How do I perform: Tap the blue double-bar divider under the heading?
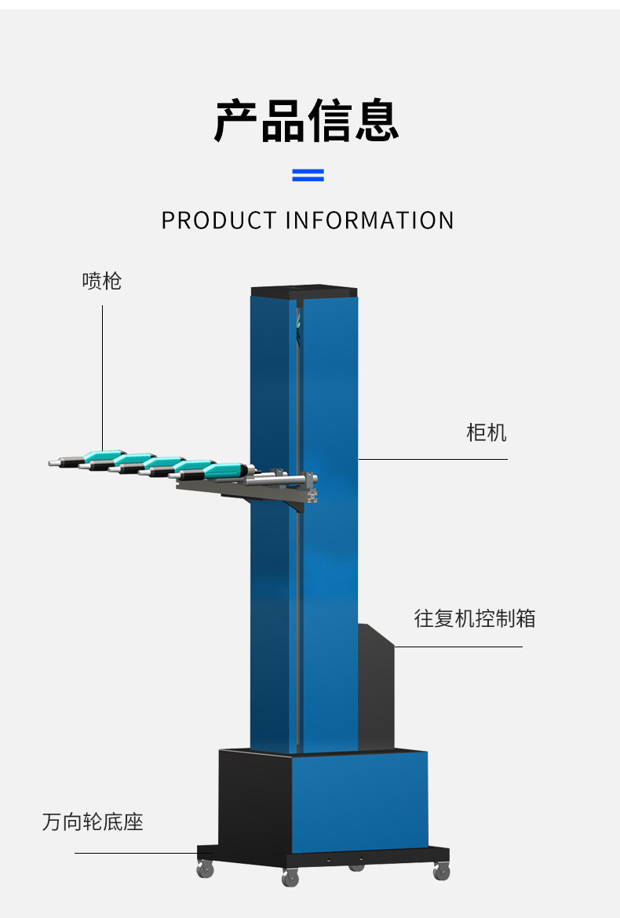pos(308,175)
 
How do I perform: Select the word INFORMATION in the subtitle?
pos(370,220)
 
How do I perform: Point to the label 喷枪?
pos(102,281)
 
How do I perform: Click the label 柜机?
pos(487,432)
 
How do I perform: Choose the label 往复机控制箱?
pos(475,618)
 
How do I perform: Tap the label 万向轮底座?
pos(93,822)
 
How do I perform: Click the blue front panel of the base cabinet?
pos(360,800)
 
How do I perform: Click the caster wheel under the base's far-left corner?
pos(205,869)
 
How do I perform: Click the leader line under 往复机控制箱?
pos(458,647)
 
